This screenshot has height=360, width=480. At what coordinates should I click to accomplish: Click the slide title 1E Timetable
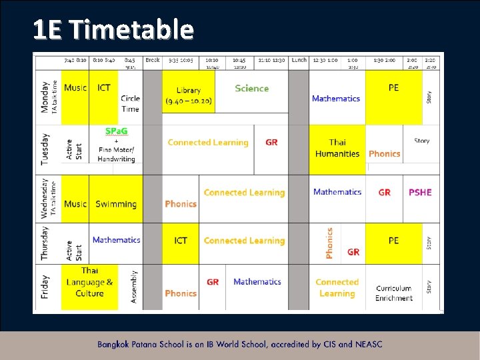pyautogui.click(x=113, y=29)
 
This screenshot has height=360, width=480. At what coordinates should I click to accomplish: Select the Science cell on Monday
pyautogui.click(x=252, y=89)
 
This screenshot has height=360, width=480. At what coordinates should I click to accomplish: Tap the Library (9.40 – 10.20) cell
pyautogui.click(x=189, y=95)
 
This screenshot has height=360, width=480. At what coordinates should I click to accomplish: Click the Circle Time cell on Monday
pyautogui.click(x=130, y=103)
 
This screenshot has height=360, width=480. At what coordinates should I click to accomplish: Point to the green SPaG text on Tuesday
pyautogui.click(x=116, y=131)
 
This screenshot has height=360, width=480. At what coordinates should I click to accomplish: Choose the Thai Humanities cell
pyautogui.click(x=337, y=148)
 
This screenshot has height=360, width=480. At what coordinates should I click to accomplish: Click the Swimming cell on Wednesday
pyautogui.click(x=116, y=204)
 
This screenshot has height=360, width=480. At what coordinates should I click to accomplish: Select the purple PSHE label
pyautogui.click(x=420, y=192)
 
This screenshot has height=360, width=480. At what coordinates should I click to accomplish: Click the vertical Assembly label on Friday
pyautogui.click(x=134, y=287)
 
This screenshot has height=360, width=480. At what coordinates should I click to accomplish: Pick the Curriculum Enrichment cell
pyautogui.click(x=393, y=293)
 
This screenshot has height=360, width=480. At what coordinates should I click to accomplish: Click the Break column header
pyautogui.click(x=153, y=60)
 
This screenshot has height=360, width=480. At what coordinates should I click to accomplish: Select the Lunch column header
pyautogui.click(x=299, y=60)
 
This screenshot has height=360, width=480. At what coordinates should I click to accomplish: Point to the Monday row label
pyautogui.click(x=45, y=97)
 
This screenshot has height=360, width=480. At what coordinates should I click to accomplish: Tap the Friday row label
pyautogui.click(x=45, y=287)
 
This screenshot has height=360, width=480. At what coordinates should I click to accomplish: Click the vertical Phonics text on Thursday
pyautogui.click(x=329, y=243)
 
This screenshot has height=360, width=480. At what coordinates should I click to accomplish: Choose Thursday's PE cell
pyautogui.click(x=393, y=241)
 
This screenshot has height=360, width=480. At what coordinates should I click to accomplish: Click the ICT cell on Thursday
pyautogui.click(x=181, y=241)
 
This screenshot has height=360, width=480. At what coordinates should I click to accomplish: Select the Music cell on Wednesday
pyautogui.click(x=75, y=204)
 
